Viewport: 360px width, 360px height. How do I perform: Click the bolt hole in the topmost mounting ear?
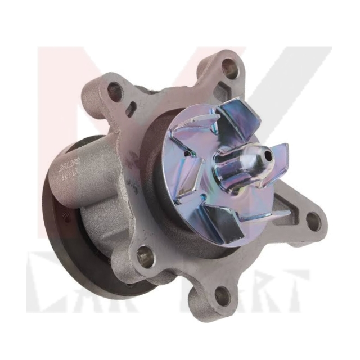[x=229, y=68]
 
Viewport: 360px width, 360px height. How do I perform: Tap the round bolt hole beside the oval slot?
[x=114, y=91]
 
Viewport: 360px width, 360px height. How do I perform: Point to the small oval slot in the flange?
[x=130, y=108]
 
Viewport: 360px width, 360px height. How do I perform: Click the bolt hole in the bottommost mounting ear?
[x=222, y=296]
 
